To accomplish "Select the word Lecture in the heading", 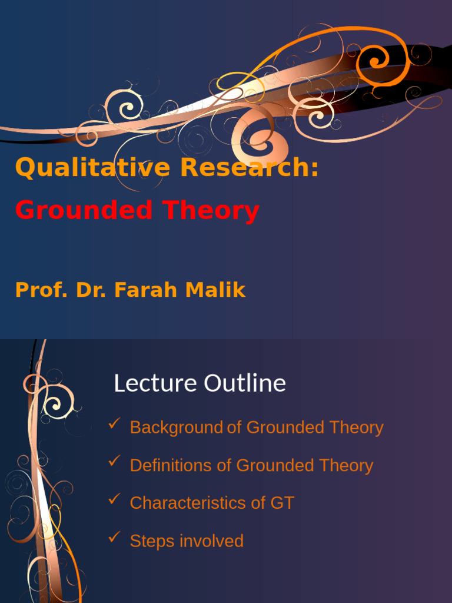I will [x=155, y=383].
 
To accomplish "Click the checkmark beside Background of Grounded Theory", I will [x=115, y=423].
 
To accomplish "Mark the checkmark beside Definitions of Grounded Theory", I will [x=115, y=461].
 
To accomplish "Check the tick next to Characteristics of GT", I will [x=115, y=499].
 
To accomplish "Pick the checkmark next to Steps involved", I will [x=115, y=537].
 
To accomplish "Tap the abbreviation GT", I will [x=282, y=503].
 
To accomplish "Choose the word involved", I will [x=211, y=541].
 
